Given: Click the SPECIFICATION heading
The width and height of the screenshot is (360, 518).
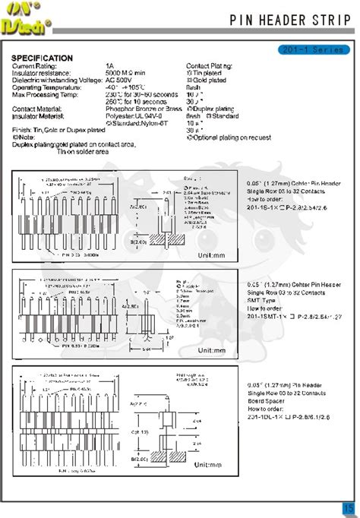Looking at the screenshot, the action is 43,58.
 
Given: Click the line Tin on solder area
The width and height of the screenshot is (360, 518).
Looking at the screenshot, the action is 83,151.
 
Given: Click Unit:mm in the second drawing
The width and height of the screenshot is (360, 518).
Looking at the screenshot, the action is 212,351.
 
